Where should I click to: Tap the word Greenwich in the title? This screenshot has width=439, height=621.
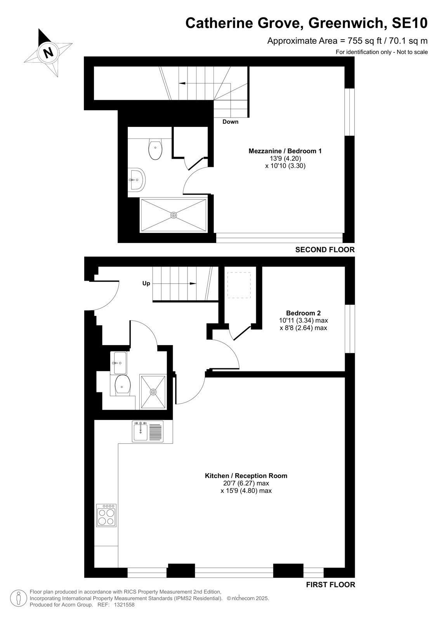click(x=347, y=23)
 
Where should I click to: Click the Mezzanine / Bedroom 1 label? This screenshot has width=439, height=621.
click(x=285, y=151)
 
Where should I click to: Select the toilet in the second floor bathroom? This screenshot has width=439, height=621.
click(x=155, y=149)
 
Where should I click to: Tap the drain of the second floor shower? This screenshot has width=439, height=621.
click(x=174, y=215)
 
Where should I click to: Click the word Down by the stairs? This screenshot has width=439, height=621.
click(x=231, y=122)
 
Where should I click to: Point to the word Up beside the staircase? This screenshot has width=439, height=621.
click(x=146, y=284)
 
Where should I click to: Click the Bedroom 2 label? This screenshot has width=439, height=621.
click(x=304, y=313)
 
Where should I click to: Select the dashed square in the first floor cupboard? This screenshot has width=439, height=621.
click(x=239, y=285)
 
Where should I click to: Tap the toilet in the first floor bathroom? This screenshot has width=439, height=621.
click(x=123, y=385)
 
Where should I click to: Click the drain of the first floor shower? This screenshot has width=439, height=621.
click(x=153, y=392)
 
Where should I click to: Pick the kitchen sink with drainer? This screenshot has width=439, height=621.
click(x=147, y=431)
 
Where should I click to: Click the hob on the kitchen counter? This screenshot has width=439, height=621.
click(x=106, y=515)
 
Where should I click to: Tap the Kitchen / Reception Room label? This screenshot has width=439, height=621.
click(x=246, y=476)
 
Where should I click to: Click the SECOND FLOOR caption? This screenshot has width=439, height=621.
click(x=325, y=250)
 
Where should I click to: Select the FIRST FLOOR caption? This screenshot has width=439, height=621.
click(x=331, y=585)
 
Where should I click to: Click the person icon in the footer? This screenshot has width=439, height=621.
click(x=19, y=598)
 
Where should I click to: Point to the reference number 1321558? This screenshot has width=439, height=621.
click(x=124, y=605)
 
